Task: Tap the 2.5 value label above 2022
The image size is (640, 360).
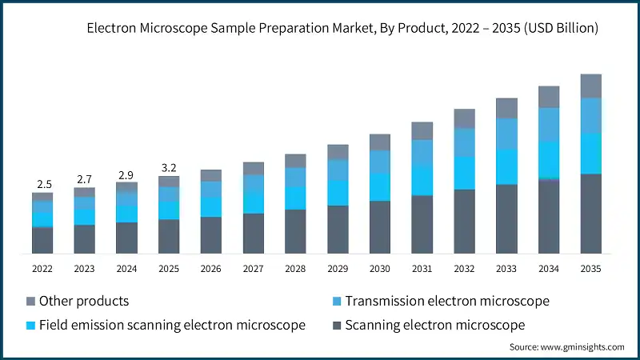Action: click(x=42, y=185)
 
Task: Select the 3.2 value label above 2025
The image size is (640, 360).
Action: click(x=169, y=168)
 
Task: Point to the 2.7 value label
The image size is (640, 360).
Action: click(x=85, y=179)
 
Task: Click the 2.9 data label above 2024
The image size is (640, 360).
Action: click(x=126, y=174)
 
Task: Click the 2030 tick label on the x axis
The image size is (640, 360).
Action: click(x=379, y=269)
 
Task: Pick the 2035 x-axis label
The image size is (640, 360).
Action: click(x=590, y=269)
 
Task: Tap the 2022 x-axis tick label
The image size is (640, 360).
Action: click(x=42, y=269)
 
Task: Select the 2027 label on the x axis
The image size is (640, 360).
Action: click(x=253, y=269)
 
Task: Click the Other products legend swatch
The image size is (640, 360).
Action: click(x=31, y=302)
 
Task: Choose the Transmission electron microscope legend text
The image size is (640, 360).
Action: click(x=448, y=302)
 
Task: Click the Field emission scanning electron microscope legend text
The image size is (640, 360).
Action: click(x=172, y=325)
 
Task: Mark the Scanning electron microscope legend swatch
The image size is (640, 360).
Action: click(x=338, y=325)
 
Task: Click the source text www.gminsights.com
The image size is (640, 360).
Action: click(x=566, y=346)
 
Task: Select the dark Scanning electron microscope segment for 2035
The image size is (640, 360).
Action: click(x=590, y=214)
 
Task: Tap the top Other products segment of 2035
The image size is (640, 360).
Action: click(x=590, y=86)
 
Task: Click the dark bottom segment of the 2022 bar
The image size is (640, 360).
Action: click(x=42, y=240)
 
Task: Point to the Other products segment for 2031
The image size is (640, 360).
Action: click(x=422, y=130)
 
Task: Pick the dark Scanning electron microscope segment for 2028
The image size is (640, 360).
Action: click(x=295, y=231)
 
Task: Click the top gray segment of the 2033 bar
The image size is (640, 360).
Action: click(x=506, y=108)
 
